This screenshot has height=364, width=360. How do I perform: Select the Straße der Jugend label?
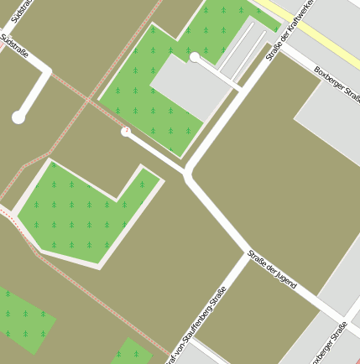pyautogui.click(x=272, y=269)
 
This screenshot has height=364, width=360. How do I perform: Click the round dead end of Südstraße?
pyautogui.click(x=18, y=117)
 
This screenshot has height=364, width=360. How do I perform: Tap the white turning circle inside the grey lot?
pyautogui.click(x=195, y=57)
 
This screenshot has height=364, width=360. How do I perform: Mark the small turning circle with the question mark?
pyautogui.click(x=126, y=132)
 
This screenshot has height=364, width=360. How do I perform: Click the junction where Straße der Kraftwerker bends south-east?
pyautogui.click(x=187, y=174)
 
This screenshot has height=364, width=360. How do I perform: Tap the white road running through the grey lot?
pyautogui.click(x=220, y=75)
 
